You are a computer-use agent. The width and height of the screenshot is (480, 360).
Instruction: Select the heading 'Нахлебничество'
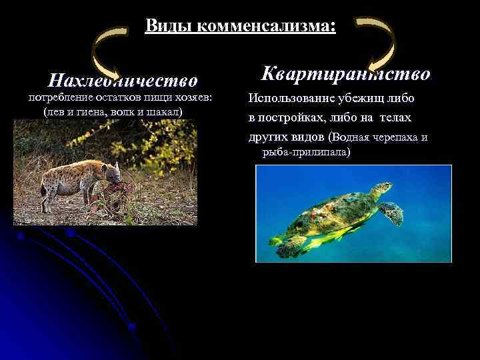coord(123,81)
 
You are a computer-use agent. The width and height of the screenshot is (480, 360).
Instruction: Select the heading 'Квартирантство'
coord(345,73)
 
